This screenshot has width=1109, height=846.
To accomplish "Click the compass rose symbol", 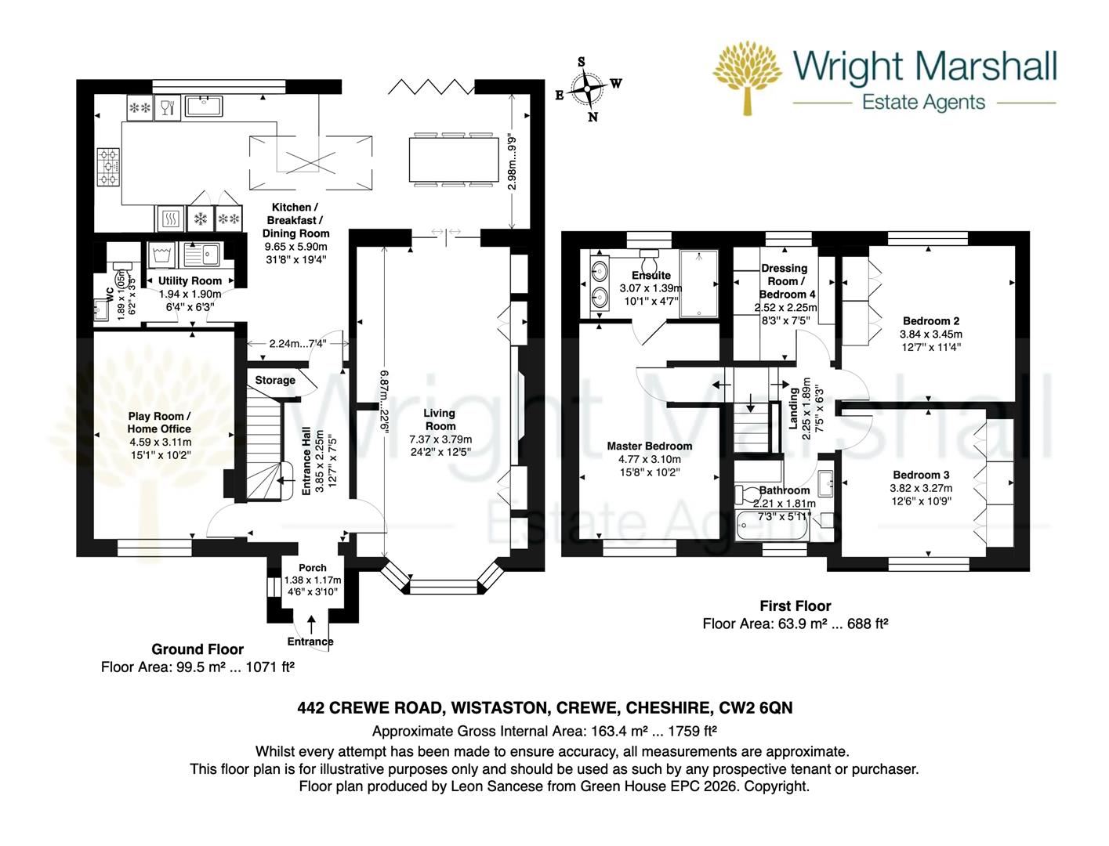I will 587,89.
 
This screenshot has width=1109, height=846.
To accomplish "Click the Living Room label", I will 439,419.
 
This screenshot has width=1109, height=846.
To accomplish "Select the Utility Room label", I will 190,280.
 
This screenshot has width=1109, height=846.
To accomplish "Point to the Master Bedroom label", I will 649,446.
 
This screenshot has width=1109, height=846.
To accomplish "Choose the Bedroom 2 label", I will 930,320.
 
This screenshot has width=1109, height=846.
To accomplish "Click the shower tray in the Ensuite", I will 698,284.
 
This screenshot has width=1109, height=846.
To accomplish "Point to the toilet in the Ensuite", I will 649,259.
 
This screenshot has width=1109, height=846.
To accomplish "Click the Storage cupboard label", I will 275,380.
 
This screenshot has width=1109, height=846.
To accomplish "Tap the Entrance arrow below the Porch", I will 312,624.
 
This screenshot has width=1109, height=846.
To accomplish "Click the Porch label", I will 313,568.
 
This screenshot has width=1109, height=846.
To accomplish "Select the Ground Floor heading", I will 198,649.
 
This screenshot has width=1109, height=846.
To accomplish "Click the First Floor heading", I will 795,606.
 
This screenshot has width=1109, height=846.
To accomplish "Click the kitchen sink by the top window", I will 204,107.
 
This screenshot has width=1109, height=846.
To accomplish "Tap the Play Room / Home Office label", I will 159,422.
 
